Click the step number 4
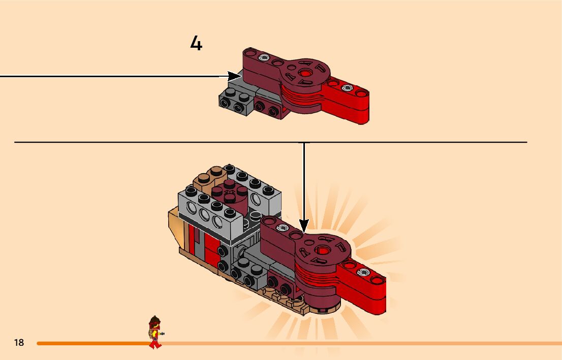coord(196,44)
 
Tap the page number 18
coord(19,343)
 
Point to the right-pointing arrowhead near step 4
coord(234,77)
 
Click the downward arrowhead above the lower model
coord(304,225)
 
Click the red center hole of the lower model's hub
coord(322,250)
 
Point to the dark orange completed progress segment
coord(91,343)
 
